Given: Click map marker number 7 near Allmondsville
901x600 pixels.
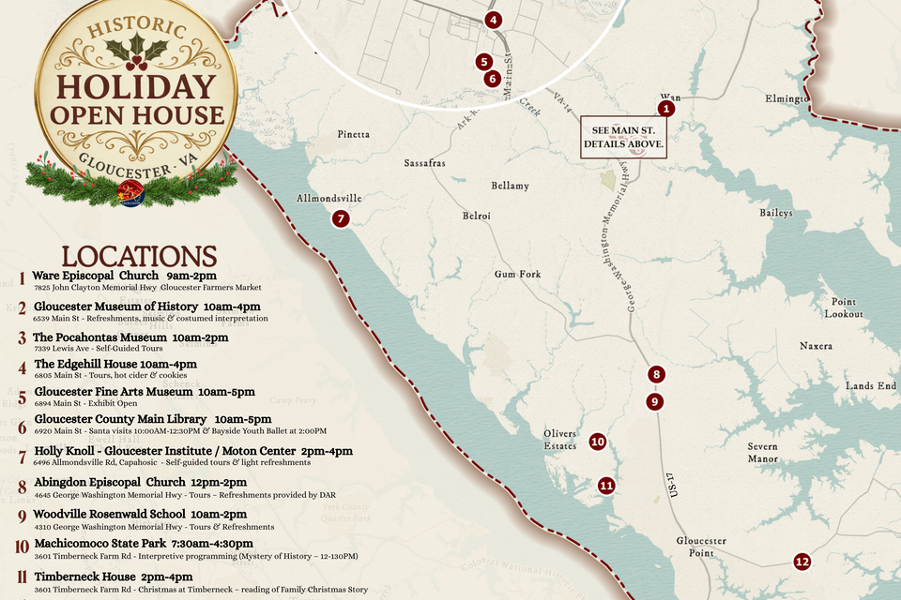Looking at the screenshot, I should [341, 218].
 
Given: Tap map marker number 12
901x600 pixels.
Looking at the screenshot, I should [802, 562].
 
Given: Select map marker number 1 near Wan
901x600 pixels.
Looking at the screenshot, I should [666, 109].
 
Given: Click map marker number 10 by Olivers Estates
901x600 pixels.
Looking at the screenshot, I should [597, 442].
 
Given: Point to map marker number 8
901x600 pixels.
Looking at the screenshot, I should [656, 374].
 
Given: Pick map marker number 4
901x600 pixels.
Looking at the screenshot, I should [494, 20].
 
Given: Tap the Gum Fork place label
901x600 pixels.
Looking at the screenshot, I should [518, 275].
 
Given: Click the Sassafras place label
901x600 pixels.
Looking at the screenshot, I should [424, 163].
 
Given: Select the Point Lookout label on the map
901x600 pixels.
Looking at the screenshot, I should [846, 307].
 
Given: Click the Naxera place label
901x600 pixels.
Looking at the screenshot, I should [816, 346].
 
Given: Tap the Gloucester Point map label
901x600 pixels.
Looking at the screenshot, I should [702, 547].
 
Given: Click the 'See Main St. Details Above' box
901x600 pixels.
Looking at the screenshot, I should [624, 137].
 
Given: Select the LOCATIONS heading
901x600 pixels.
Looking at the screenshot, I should [139, 257].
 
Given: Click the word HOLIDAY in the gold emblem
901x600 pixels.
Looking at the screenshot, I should [135, 87].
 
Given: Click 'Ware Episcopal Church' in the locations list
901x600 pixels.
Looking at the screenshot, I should [95, 276].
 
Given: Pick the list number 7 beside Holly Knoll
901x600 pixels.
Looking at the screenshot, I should [22, 457].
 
